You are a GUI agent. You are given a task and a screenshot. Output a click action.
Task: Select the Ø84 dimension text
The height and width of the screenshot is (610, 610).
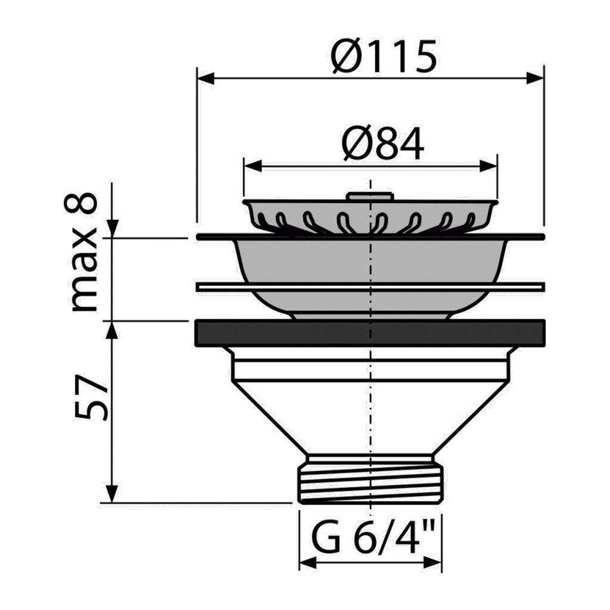coord(383,144)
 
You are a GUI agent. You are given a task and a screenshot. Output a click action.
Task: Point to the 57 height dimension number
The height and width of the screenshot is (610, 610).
coord(91,397)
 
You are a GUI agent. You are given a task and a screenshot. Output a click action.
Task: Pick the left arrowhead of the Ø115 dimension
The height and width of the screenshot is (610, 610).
coord(206,78)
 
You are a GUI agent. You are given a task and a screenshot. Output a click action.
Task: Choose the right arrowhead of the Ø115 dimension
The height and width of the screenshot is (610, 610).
coord(534,78)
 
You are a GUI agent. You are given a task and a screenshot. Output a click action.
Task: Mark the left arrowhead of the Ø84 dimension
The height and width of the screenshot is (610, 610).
coord(252,166)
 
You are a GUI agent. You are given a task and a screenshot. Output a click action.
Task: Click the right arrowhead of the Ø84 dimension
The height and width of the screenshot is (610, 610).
coord(488,166)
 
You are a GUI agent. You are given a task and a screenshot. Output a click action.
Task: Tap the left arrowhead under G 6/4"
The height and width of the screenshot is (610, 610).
coord(308,563)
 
